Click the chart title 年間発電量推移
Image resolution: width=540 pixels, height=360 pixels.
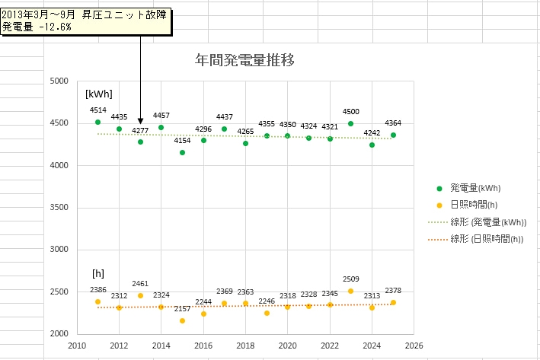coord(244,59)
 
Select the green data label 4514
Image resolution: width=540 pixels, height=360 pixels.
coord(97,110)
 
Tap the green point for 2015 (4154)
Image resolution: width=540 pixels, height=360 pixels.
coord(182,152)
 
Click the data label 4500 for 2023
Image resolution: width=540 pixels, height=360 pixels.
coord(350,113)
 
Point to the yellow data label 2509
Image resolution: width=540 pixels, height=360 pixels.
coord(350,279)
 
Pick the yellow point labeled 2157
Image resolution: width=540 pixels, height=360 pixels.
coord(182,320)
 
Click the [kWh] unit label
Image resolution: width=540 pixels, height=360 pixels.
coord(99,94)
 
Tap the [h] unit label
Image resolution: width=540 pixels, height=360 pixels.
coord(97,272)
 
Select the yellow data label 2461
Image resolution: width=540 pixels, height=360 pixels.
coord(140,284)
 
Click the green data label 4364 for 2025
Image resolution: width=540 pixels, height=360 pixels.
coord(393,123)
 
